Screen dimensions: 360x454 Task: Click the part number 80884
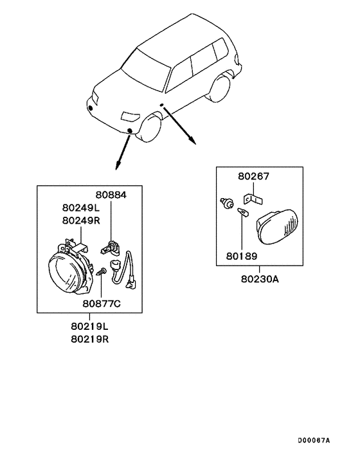point(111,195)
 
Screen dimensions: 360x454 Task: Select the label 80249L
point(81,208)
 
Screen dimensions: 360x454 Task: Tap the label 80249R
point(81,221)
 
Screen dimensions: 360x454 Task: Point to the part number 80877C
point(102,304)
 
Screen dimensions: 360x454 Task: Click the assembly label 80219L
point(89,326)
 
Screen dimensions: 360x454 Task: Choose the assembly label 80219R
point(90,339)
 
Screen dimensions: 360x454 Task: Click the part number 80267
point(253,176)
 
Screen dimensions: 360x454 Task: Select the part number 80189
point(242,256)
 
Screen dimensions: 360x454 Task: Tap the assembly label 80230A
point(260,279)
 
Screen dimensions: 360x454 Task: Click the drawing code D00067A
point(314,440)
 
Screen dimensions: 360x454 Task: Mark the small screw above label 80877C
point(102,272)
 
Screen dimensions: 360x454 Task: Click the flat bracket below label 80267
point(253,199)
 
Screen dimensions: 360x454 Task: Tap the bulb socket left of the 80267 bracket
point(227,203)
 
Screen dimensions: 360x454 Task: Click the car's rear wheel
point(220,88)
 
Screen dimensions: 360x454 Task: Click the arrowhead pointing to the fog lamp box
point(117,166)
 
